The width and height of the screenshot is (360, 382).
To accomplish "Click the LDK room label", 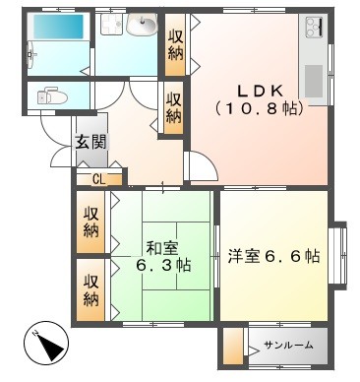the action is pos(260,92).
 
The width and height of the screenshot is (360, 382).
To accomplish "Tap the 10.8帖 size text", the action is pos(259,108).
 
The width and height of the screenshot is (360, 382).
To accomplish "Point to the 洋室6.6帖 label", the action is pos(273,256).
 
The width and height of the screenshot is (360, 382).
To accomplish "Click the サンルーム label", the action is pos(288,345).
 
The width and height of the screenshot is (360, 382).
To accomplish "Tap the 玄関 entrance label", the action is pos(91,142).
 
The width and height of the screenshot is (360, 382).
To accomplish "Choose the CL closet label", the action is pos(99,179).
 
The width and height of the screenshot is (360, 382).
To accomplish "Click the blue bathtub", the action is pos(58,27).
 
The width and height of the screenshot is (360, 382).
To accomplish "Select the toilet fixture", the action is pos(52,95).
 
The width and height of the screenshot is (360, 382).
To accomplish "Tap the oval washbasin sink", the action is pos(142,24).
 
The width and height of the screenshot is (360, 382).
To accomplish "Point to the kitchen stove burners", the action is pos(315,27).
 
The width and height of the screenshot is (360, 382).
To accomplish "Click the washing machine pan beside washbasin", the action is pos(111,24).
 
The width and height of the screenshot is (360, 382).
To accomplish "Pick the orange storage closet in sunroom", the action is pos(233,346).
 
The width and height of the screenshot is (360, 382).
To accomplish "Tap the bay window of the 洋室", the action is pos(339,256).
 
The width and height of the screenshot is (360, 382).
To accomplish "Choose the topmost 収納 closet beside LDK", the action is pos(175,45).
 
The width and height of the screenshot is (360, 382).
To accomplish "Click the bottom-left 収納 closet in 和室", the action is pos(90,289).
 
